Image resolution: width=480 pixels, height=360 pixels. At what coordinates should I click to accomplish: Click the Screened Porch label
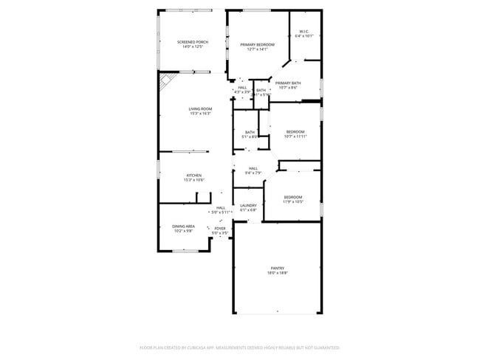click(x=192, y=42)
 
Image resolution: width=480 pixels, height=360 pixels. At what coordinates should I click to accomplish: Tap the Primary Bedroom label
click(x=257, y=45)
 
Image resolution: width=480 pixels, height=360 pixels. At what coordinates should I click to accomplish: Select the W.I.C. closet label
click(x=304, y=31)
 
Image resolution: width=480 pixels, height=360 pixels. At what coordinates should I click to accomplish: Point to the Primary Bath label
click(x=288, y=83)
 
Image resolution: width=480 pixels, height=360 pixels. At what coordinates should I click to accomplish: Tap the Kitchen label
click(x=193, y=176)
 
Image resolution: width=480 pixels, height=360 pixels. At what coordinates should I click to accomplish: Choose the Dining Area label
click(x=184, y=226)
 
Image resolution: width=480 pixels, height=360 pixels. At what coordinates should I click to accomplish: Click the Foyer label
click(x=220, y=229)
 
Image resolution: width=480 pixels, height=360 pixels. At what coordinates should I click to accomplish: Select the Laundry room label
click(x=248, y=206)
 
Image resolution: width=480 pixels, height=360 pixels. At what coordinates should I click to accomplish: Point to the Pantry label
click(x=277, y=269)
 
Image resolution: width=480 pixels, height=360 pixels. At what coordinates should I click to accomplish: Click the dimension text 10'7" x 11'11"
click(x=295, y=136)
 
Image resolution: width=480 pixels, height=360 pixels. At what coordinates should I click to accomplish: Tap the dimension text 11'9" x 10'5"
click(x=293, y=201)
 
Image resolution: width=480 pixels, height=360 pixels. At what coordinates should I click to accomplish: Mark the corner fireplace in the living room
click(x=167, y=80)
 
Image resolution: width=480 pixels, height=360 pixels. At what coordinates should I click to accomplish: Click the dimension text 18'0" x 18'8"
click(x=277, y=273)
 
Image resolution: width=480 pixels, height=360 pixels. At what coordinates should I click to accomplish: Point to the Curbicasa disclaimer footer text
click(x=239, y=347)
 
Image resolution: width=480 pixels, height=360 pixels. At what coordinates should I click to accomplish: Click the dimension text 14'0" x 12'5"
click(x=192, y=46)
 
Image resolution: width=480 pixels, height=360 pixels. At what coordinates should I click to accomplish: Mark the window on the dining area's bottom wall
click(x=185, y=251)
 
